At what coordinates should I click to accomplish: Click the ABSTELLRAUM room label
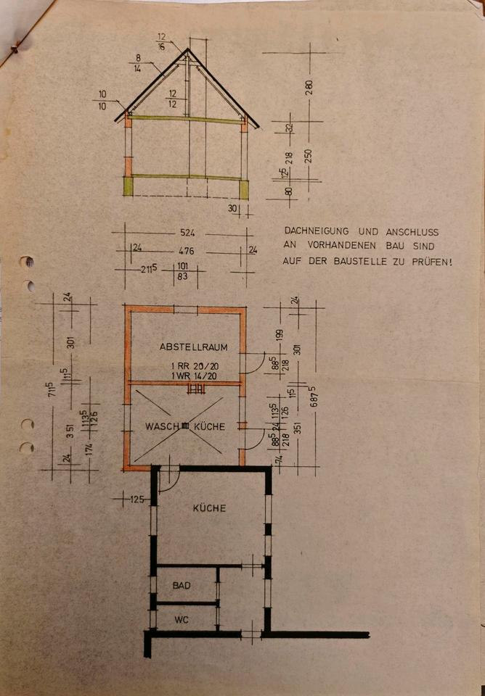coord(188,347)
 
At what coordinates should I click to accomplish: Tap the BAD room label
coord(182,584)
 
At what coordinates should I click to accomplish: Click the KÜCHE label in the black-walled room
coord(208,508)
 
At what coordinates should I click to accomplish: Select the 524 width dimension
coord(187,233)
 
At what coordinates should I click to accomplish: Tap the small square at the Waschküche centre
coord(186,426)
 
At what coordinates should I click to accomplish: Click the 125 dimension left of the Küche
coord(135,500)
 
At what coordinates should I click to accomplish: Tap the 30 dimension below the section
coord(232,208)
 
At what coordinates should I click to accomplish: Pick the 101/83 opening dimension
coord(183,270)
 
